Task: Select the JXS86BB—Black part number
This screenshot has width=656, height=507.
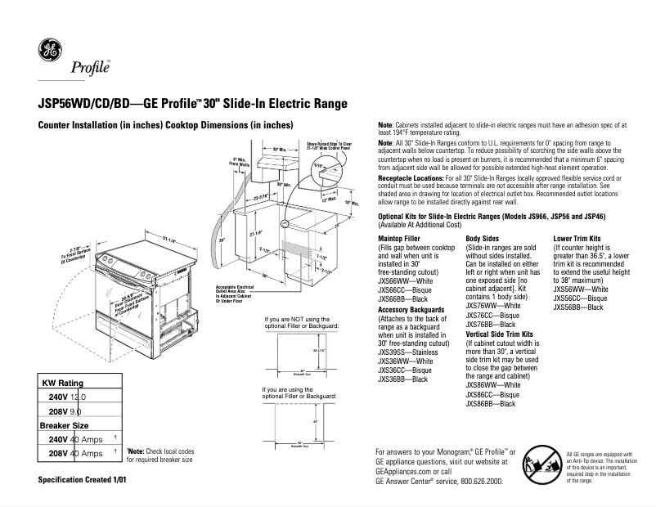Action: tap(490, 404)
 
